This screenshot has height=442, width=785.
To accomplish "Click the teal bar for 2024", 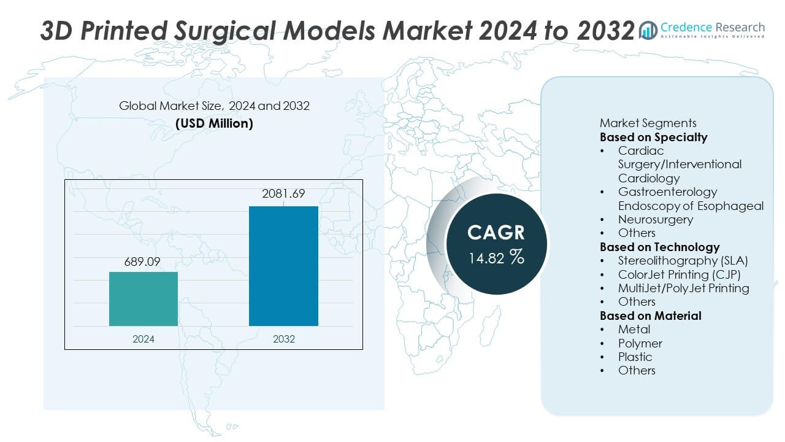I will [144, 299].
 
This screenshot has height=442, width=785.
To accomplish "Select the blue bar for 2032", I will [283, 266].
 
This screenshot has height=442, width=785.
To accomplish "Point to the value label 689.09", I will [144, 262].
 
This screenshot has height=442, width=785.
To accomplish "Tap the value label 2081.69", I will [283, 195].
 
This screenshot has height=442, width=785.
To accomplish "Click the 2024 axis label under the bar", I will [144, 339].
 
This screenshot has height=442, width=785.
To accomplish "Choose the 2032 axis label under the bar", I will [283, 339].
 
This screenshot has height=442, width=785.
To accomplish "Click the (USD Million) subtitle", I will [214, 123].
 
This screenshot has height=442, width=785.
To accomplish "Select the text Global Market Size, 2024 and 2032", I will [214, 106].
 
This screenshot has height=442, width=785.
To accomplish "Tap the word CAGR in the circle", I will [496, 233].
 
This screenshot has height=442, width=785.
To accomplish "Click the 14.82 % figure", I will [496, 257].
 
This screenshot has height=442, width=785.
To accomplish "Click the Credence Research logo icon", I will [648, 29].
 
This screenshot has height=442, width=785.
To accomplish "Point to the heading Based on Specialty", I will [653, 137].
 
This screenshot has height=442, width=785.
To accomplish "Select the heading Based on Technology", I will [659, 247].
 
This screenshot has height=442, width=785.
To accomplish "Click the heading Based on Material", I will [650, 316].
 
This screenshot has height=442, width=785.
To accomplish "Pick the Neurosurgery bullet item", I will [655, 219].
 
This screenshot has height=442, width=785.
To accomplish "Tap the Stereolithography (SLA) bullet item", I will [683, 260].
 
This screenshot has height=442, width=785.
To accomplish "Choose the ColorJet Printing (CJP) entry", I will [679, 274].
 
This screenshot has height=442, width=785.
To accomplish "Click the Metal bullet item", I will [634, 330].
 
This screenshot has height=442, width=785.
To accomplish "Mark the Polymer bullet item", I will [640, 343].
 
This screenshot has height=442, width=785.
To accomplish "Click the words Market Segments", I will [648, 123].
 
